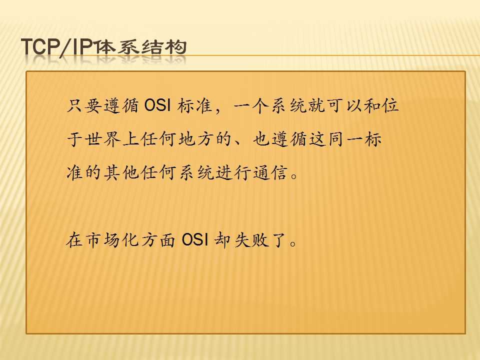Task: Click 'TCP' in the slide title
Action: pyautogui.click(x=40, y=47)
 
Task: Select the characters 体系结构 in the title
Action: pyautogui.click(x=140, y=47)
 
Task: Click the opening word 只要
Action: pyautogui.click(x=84, y=106)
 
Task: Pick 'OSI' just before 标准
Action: pyautogui.click(x=157, y=105)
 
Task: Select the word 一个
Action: pyautogui.click(x=251, y=106)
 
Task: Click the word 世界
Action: pyautogui.click(x=103, y=139)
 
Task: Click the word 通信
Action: pyautogui.click(x=270, y=173)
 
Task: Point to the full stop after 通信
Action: pyautogui.click(x=294, y=176)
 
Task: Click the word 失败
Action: pyautogui.click(x=251, y=239)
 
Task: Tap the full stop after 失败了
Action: pyautogui.click(x=293, y=243)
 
